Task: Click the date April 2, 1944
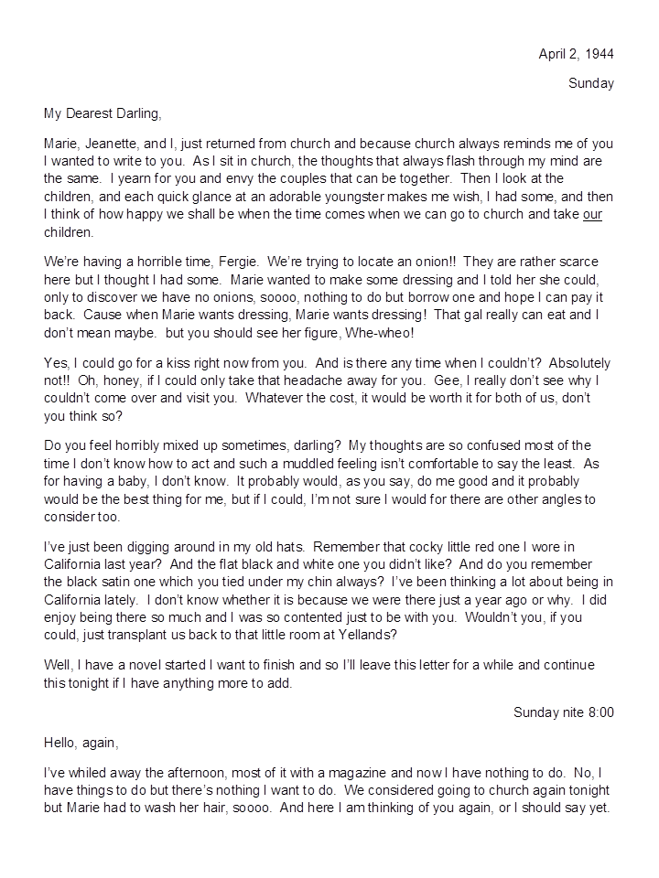pyautogui.click(x=576, y=54)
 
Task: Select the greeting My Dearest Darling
pyautogui.click(x=103, y=113)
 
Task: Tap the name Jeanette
pyautogui.click(x=114, y=144)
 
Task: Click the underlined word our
pyautogui.click(x=592, y=215)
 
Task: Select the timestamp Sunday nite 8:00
pyautogui.click(x=563, y=712)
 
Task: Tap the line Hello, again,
pyautogui.click(x=81, y=742)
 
